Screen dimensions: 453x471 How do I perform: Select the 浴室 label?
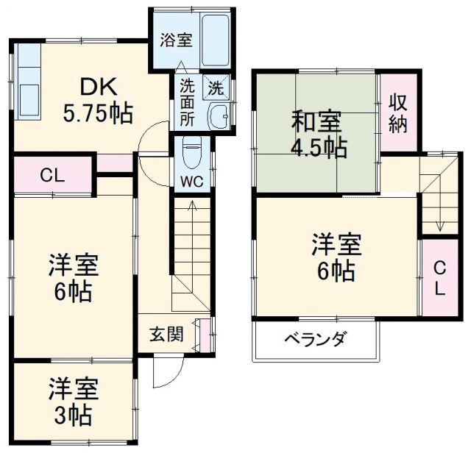(177, 40)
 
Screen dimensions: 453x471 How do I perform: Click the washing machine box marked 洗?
(217, 88)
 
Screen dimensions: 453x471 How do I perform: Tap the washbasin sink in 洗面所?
(219, 116)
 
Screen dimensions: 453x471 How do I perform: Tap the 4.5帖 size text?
(317, 147)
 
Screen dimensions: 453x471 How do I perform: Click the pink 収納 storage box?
(397, 113)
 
